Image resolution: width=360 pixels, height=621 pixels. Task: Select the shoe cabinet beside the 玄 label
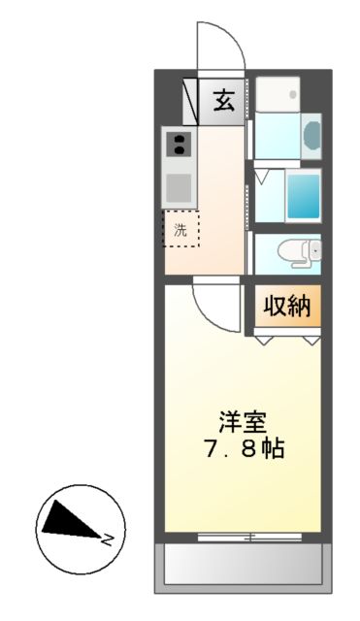pyautogui.click(x=192, y=98)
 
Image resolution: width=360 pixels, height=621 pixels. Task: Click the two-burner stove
pyautogui.click(x=179, y=146)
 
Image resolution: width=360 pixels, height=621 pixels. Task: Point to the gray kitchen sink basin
pyautogui.click(x=179, y=185)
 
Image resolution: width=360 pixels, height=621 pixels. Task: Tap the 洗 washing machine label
pyautogui.click(x=180, y=230)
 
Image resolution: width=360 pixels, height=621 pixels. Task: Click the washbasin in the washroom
pyautogui.click(x=311, y=134)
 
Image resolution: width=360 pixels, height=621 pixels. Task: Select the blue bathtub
pyautogui.click(x=305, y=195)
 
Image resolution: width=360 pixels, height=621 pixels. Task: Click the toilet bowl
pyautogui.click(x=295, y=253)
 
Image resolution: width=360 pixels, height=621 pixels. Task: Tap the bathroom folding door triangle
pyautogui.click(x=262, y=176)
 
